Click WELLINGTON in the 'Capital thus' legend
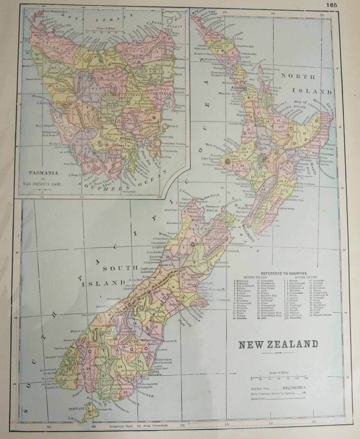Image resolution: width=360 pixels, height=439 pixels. [x=292, y=387]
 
